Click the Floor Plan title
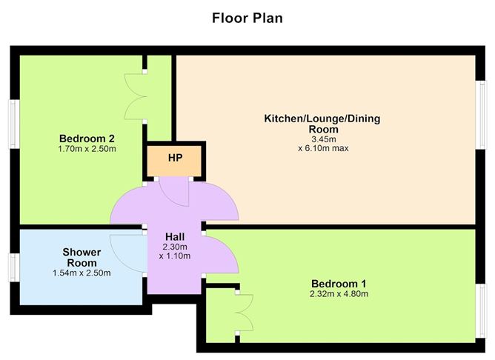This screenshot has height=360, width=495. (x=247, y=18)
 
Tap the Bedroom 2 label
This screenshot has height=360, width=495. (x=87, y=139)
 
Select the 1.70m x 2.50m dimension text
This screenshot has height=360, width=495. (x=87, y=149)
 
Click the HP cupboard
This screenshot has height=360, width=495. (x=174, y=161)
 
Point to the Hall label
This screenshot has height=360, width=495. (x=175, y=236)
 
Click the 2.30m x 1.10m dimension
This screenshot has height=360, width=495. (x=175, y=251)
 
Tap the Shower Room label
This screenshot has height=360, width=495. (x=82, y=258)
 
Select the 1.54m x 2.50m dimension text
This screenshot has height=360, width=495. (x=82, y=273)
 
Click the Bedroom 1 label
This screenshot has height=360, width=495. (x=339, y=284)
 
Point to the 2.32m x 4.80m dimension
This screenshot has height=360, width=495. (x=339, y=294)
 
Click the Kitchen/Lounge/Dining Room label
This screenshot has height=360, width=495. (x=322, y=124)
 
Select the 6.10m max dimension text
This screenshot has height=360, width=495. (x=323, y=148)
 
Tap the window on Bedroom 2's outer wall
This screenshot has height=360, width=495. (x=14, y=124)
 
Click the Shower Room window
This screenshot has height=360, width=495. (x=14, y=267)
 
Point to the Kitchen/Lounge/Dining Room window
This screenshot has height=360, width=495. (x=480, y=115)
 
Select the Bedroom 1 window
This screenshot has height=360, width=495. (x=480, y=311)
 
